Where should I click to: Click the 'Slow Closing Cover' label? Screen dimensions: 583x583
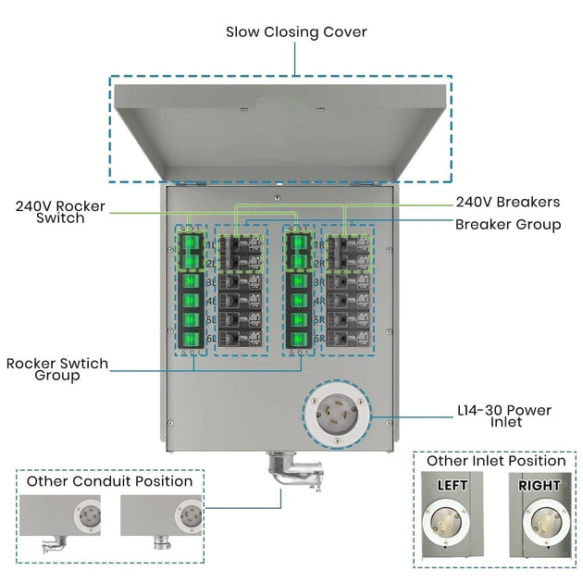coord(296,32)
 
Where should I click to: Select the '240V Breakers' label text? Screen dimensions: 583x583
coord(507,202)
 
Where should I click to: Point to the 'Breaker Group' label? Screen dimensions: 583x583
coord(507,224)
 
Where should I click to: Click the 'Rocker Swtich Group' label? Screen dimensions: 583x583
coord(57,368)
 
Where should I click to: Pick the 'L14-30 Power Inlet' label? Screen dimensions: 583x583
coord(503,415)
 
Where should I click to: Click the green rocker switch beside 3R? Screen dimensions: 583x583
coord(298,281)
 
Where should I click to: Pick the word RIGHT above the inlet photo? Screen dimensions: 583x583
coord(539,484)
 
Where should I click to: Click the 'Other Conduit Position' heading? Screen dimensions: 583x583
coord(109,481)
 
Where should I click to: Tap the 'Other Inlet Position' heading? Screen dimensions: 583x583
coord(495,460)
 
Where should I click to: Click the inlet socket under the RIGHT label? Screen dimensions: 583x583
coord(540,524)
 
